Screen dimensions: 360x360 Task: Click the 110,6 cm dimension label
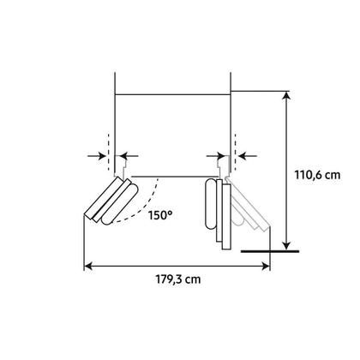(317, 175)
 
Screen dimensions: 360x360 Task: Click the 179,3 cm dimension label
(178, 279)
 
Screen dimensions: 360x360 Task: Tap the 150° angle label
(160, 215)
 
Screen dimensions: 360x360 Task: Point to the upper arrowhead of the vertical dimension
(286, 96)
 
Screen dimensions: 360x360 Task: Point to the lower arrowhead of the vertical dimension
(286, 245)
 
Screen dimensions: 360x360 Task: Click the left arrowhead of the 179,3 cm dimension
(88, 267)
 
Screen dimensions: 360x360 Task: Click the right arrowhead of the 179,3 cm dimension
(266, 267)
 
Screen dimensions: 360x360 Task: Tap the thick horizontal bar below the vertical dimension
(270, 251)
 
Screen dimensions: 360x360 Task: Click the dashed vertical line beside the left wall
(109, 152)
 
